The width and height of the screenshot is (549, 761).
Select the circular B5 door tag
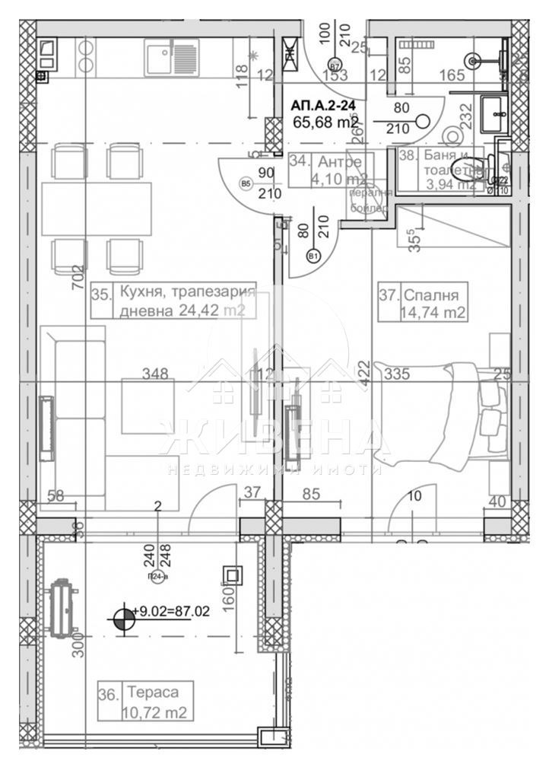[246, 183]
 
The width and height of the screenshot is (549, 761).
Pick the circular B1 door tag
[313, 256]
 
